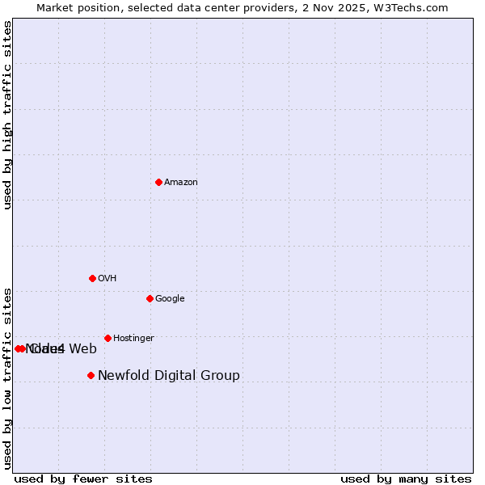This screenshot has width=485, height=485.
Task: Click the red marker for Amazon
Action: [x=158, y=182]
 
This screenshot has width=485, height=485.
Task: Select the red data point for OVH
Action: [x=92, y=278]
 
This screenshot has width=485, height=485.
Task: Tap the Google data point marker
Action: [x=150, y=298]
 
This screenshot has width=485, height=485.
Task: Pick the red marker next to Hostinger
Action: [x=108, y=338]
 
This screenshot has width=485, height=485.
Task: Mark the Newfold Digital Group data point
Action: [x=91, y=375]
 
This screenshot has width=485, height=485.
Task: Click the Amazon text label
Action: [x=181, y=183]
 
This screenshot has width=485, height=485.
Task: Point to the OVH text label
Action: [x=108, y=279]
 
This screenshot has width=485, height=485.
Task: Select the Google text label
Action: [x=170, y=299]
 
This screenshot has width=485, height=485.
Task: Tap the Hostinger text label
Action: [x=133, y=339]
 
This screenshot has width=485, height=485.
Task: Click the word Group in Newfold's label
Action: [x=221, y=375]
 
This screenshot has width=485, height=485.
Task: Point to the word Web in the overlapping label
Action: [x=82, y=349]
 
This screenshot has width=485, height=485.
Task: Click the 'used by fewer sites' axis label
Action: [x=83, y=479]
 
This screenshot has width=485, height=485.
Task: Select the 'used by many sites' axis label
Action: [x=406, y=479]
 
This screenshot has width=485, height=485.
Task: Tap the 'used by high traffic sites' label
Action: [x=8, y=115]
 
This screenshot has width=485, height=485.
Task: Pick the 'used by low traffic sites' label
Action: [x=8, y=377]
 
